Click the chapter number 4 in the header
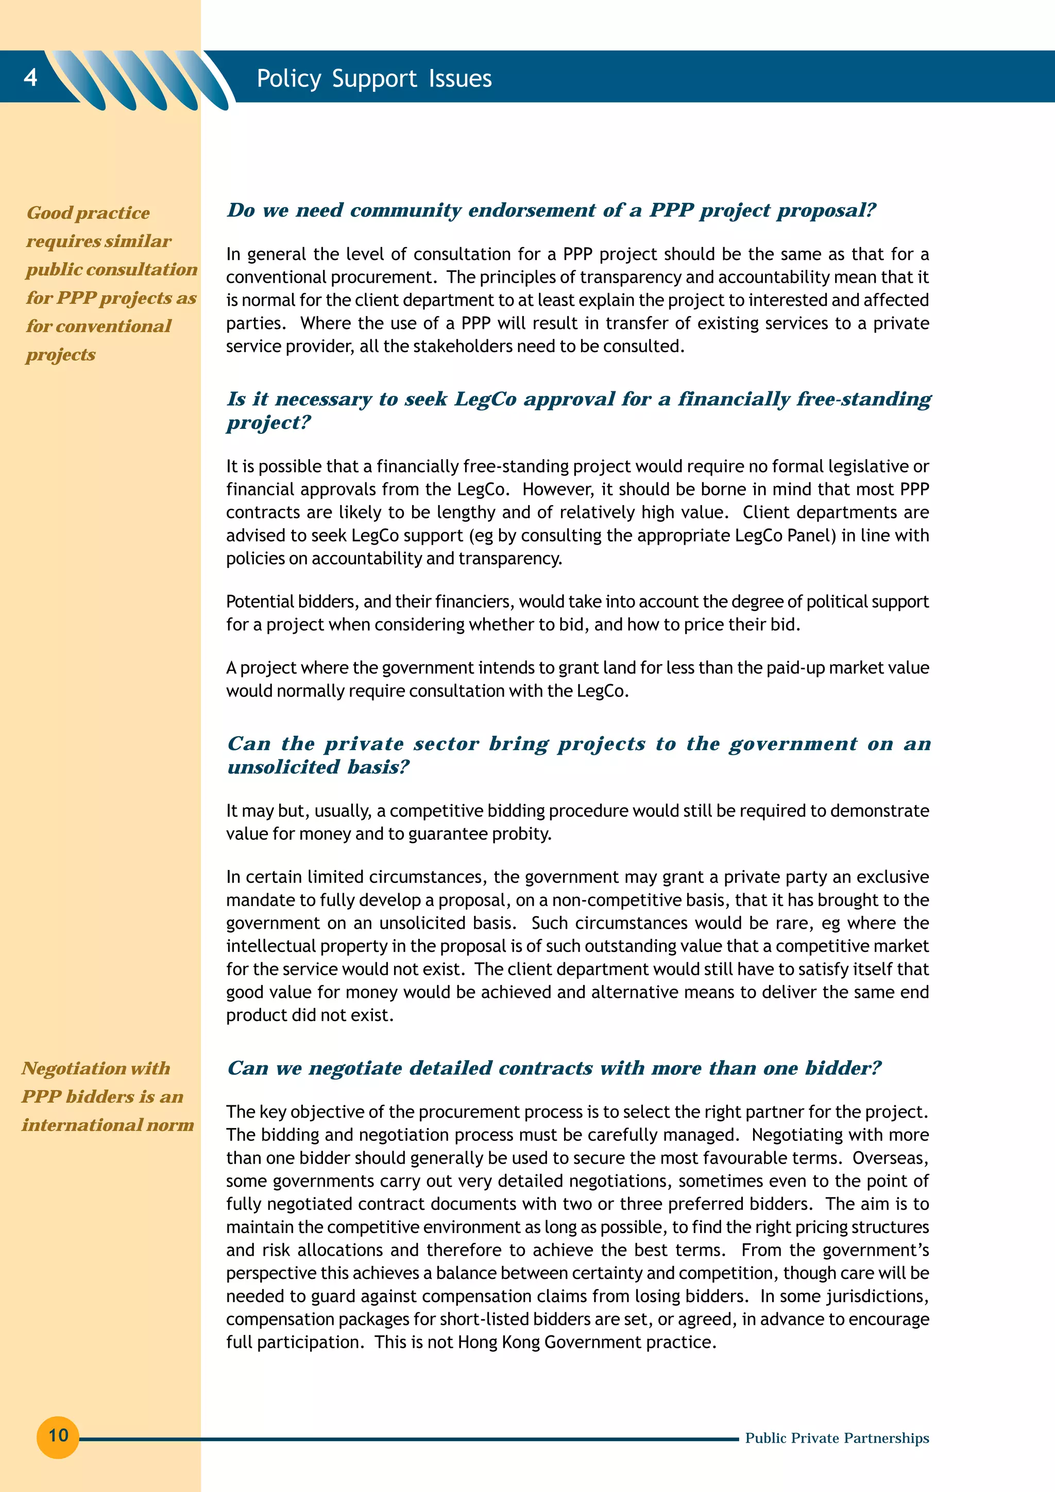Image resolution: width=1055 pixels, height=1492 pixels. click(30, 77)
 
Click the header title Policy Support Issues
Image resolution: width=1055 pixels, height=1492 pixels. click(374, 79)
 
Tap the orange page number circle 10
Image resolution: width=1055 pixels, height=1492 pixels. click(58, 1435)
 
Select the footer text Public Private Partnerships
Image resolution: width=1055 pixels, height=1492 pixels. click(837, 1438)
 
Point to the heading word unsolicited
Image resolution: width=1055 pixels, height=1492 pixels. click(283, 768)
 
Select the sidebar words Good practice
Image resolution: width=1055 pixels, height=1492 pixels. click(89, 213)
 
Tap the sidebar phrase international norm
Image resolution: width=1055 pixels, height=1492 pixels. click(108, 1125)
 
